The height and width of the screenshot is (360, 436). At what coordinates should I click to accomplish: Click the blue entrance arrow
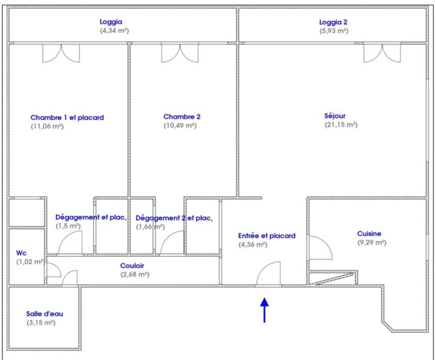264,310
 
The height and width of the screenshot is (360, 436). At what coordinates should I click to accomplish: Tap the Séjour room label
335,116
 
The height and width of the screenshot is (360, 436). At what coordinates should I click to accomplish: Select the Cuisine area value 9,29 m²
372,242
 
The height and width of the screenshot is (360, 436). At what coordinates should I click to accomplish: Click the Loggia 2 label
333,22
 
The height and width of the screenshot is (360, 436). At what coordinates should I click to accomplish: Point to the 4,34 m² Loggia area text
114,31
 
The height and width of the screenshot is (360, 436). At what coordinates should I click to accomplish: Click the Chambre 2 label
182,116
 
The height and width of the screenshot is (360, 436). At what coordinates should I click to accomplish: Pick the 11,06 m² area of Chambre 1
47,127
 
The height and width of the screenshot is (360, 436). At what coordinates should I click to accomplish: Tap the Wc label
22,253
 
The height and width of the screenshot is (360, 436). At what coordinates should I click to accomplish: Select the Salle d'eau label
44,314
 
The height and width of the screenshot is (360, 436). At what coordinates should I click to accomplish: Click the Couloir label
132,266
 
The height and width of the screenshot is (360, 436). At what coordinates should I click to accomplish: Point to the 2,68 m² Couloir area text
135,274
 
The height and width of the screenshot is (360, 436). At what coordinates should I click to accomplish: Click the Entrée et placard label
267,236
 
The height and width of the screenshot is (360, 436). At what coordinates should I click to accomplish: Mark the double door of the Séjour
382,53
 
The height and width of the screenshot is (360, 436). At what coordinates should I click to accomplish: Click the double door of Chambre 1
61,53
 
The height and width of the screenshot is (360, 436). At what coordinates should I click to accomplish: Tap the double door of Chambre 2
180,53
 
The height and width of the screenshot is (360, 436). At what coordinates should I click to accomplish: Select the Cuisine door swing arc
326,242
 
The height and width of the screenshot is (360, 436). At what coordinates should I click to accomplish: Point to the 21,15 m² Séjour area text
341,125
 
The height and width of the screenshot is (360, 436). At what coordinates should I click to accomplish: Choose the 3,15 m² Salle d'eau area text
41,323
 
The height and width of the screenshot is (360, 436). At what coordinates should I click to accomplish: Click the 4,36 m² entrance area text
253,245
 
